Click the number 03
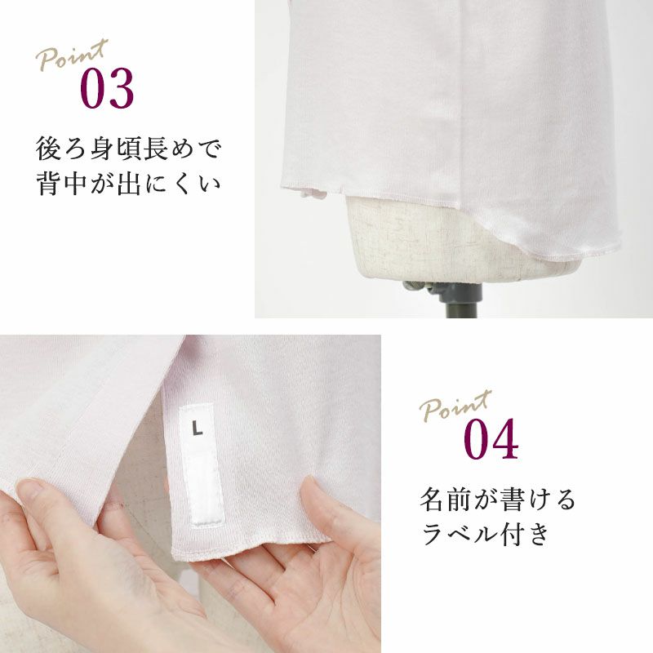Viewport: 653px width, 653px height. tap(107, 89)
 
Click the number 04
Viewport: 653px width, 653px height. tap(491, 439)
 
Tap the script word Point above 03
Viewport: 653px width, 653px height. tap(72, 55)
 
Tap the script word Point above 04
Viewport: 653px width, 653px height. tap(455, 406)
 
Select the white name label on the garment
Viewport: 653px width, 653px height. tap(202, 464)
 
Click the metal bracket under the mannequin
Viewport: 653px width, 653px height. tap(442, 291)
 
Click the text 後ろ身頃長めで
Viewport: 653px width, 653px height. tap(128, 149)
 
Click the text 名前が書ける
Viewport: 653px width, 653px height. tap(497, 499)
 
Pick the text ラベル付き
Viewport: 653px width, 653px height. tap(485, 534)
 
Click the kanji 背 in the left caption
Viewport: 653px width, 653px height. tap(48, 184)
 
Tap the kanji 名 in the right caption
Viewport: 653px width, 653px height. tap(432, 500)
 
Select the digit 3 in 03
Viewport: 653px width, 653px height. tap(120, 89)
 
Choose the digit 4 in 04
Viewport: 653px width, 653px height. tap(505, 439)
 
